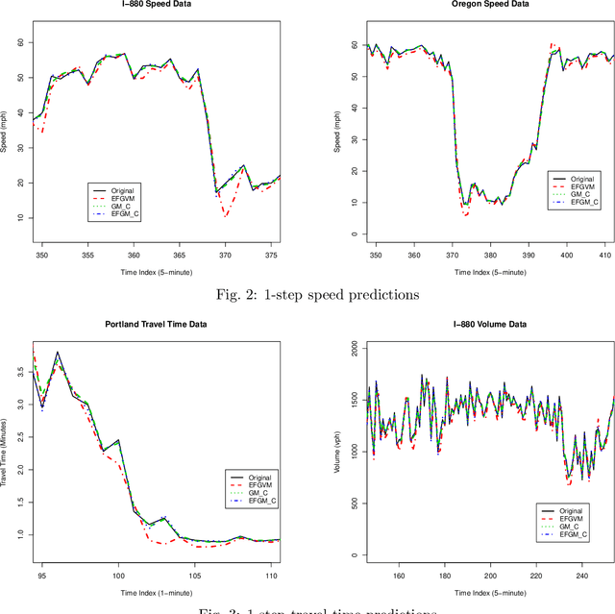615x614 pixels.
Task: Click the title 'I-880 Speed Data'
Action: pos(153,5)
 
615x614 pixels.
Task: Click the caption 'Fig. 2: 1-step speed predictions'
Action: pos(307,294)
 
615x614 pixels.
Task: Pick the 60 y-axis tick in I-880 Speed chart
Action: pos(21,42)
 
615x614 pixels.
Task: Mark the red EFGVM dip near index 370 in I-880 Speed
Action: pos(225,215)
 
